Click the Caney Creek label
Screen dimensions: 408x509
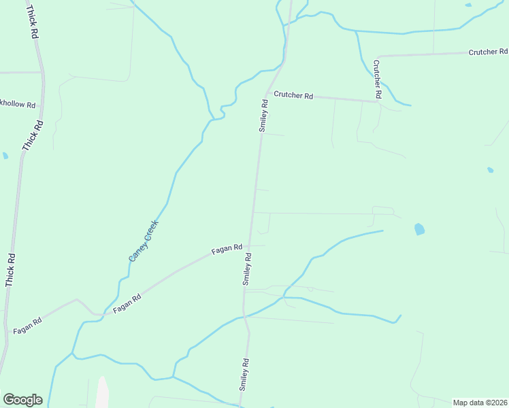click(144, 241)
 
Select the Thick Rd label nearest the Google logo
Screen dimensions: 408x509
click(10, 270)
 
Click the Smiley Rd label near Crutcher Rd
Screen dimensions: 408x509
click(264, 115)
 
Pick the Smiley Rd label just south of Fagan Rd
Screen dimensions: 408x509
click(248, 269)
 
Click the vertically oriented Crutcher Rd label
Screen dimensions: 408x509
click(376, 77)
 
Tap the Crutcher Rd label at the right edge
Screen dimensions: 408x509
click(488, 52)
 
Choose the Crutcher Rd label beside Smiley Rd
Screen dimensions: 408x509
click(293, 95)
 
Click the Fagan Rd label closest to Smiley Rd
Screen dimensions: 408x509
click(227, 250)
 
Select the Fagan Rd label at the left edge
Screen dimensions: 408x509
click(27, 325)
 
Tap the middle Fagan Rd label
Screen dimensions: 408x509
click(127, 303)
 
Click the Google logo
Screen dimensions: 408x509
click(22, 400)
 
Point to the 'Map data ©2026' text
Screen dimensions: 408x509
click(480, 403)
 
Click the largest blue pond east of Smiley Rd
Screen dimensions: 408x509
click(419, 229)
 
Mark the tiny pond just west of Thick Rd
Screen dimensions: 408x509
click(5, 156)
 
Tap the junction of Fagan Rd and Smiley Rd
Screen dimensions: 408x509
click(249, 245)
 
